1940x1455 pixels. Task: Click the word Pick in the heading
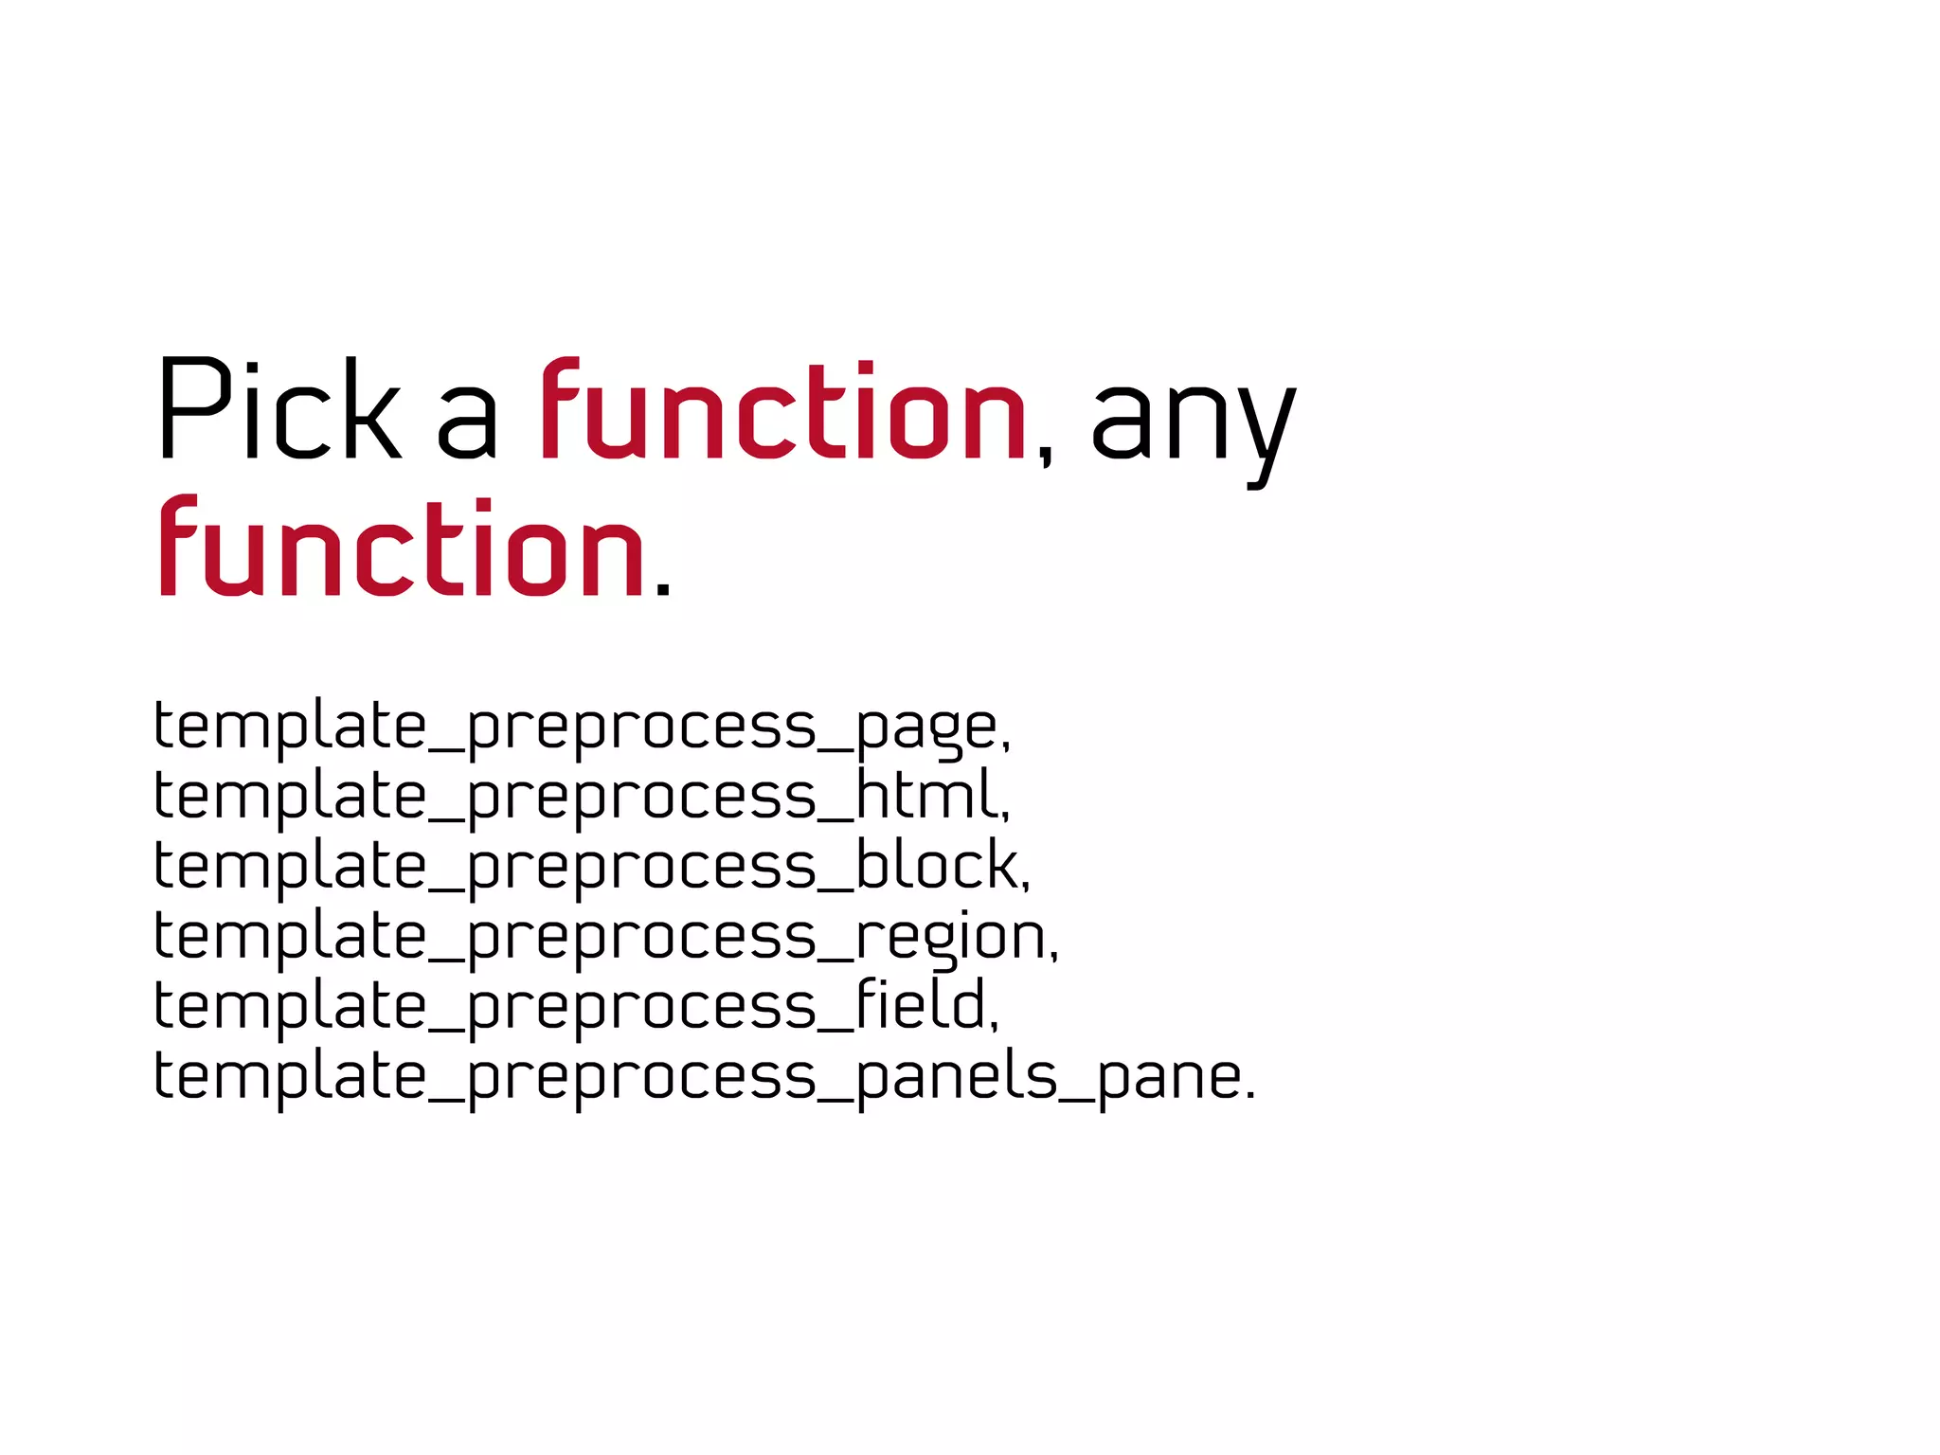point(279,409)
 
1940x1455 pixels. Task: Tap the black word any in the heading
point(1194,422)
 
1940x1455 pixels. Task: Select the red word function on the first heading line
point(783,409)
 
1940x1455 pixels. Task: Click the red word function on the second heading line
point(402,547)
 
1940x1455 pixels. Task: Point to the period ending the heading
point(663,588)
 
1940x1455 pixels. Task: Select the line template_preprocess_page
point(582,727)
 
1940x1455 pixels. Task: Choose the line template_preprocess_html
point(582,797)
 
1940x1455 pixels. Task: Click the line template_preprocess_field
point(576,1006)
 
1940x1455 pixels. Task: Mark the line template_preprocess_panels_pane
point(704,1076)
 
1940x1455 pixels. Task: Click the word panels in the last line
point(957,1076)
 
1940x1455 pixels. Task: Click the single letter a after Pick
point(467,426)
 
